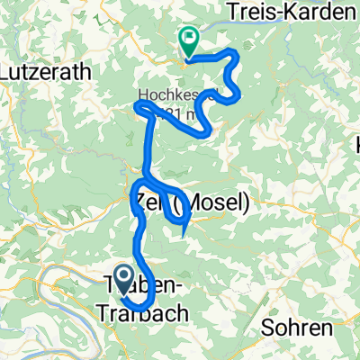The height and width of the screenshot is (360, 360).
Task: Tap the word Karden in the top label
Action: point(314,13)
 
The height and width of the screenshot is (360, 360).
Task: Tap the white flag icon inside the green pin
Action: point(190,38)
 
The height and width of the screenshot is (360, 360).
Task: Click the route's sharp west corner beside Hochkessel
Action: point(136,107)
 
